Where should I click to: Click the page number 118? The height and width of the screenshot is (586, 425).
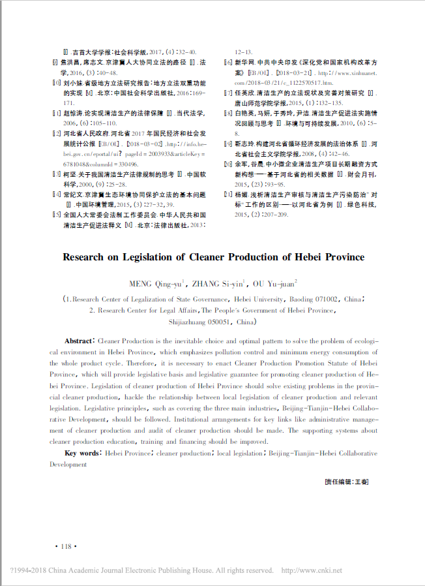pos(68,546)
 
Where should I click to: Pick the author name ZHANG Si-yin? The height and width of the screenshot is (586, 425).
pos(218,283)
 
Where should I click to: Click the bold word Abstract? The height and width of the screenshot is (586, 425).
pos(80,341)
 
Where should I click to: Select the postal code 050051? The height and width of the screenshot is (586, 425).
pos(217,322)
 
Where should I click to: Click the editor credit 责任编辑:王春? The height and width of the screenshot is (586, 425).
pos(347,481)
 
